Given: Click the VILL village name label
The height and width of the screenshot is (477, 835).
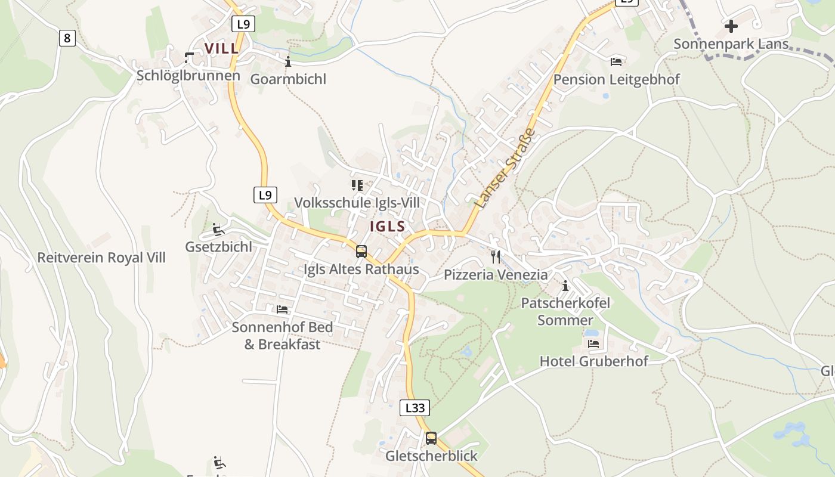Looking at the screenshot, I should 221,48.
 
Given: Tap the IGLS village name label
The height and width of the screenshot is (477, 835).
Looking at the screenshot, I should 388,227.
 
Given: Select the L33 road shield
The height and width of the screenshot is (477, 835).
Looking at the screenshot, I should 414,408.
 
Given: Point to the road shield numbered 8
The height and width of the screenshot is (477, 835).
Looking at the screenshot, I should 67,38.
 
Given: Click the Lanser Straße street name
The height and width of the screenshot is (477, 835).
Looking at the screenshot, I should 505,169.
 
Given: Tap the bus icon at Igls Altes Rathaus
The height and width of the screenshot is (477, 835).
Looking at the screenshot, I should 361,251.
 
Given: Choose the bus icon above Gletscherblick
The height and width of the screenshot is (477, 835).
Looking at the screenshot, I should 431,438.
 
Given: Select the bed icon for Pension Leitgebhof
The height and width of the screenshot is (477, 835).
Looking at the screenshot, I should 616,61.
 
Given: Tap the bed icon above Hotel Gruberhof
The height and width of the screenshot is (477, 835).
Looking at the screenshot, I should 593,343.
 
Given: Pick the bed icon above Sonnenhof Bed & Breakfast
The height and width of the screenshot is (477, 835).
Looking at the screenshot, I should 282,309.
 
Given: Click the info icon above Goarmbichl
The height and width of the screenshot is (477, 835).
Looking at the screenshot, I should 288,61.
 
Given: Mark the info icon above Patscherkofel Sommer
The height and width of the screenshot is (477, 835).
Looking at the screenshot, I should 565,286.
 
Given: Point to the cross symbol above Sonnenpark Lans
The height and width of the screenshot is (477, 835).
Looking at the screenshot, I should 731,26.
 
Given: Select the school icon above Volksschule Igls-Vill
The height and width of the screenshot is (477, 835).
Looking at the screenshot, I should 357,185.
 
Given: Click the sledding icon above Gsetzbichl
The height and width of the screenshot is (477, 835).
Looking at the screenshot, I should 218,229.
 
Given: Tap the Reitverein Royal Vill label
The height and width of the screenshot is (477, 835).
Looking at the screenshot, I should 101,258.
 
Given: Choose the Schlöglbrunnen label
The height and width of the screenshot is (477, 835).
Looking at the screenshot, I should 188,76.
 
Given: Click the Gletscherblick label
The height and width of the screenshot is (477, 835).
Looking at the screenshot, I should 432,456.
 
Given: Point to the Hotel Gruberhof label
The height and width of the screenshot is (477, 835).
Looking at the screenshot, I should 593,361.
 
